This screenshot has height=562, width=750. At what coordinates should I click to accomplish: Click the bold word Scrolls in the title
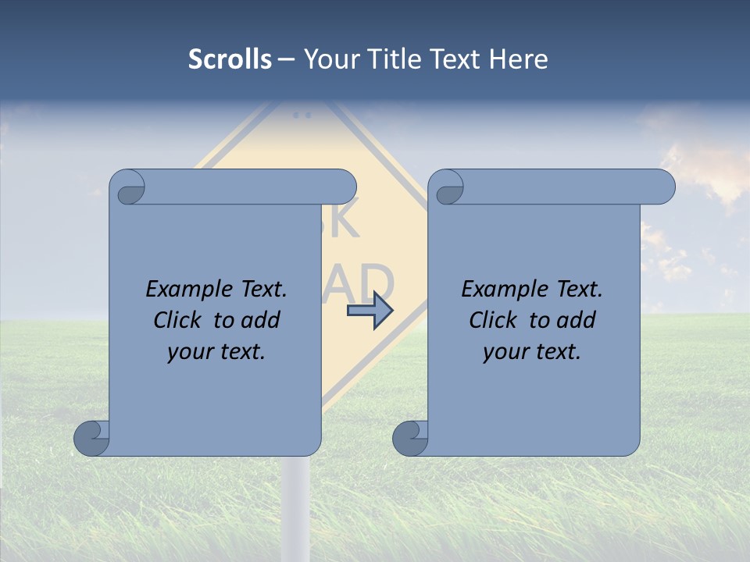pos(230,59)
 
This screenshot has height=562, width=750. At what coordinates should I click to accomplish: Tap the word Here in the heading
pos(519,59)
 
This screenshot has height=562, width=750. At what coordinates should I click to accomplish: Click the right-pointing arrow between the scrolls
pos(370,311)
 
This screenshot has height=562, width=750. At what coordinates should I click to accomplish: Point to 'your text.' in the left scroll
pos(216,352)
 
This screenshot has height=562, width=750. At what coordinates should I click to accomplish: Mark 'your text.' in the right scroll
pos(532,352)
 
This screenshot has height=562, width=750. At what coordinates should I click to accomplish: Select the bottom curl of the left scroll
pos(91,437)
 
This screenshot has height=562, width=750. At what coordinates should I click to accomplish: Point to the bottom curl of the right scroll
pos(409,437)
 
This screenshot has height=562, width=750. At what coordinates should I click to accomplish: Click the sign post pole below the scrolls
pos(296,507)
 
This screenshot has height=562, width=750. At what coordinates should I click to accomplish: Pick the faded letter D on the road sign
pos(377,283)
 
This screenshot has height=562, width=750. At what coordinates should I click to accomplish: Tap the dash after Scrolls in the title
pos(287,59)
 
